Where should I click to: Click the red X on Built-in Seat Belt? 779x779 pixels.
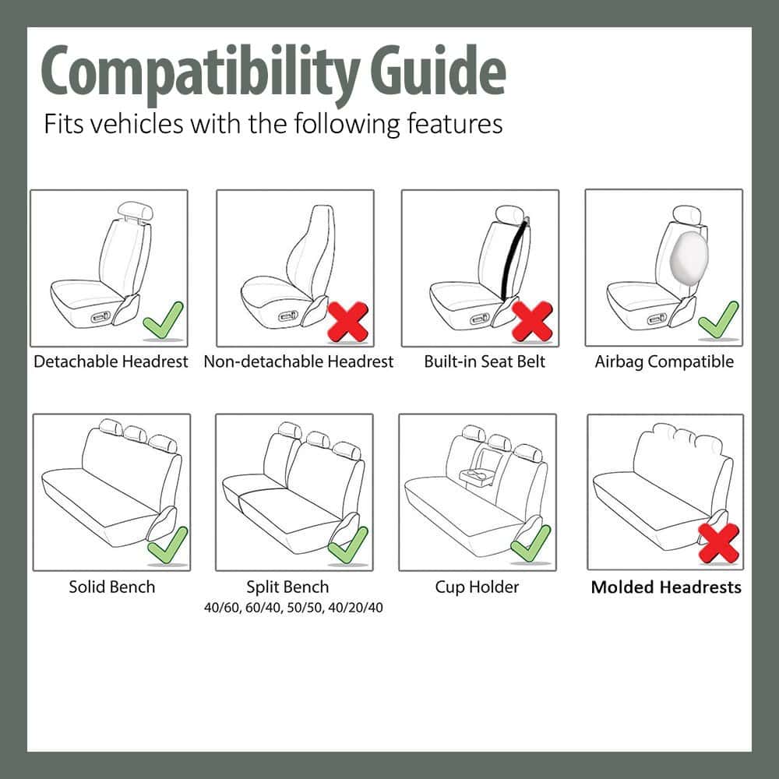tap(533, 319)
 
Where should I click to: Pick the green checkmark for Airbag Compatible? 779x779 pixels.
tap(718, 319)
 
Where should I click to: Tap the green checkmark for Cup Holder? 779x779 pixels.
tap(531, 543)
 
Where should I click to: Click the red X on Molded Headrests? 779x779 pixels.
tap(718, 543)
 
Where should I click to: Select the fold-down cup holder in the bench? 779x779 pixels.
tap(475, 475)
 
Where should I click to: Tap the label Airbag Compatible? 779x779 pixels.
tap(664, 361)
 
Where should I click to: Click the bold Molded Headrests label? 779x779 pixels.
tap(666, 587)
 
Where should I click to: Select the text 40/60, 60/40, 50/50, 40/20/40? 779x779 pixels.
tap(293, 607)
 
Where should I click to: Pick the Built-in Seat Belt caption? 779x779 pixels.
tap(485, 361)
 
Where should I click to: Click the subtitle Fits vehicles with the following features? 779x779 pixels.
tap(273, 124)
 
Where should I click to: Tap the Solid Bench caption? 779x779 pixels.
tap(111, 587)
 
